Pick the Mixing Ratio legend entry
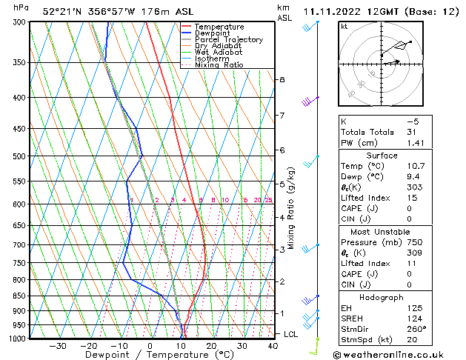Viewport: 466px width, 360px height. pos(219,65)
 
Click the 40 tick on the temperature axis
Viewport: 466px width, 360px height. pos(273,346)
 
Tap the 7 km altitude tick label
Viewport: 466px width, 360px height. pos(282,116)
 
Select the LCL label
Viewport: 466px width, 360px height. pos(291,334)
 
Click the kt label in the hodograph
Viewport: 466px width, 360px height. pos(344,26)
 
